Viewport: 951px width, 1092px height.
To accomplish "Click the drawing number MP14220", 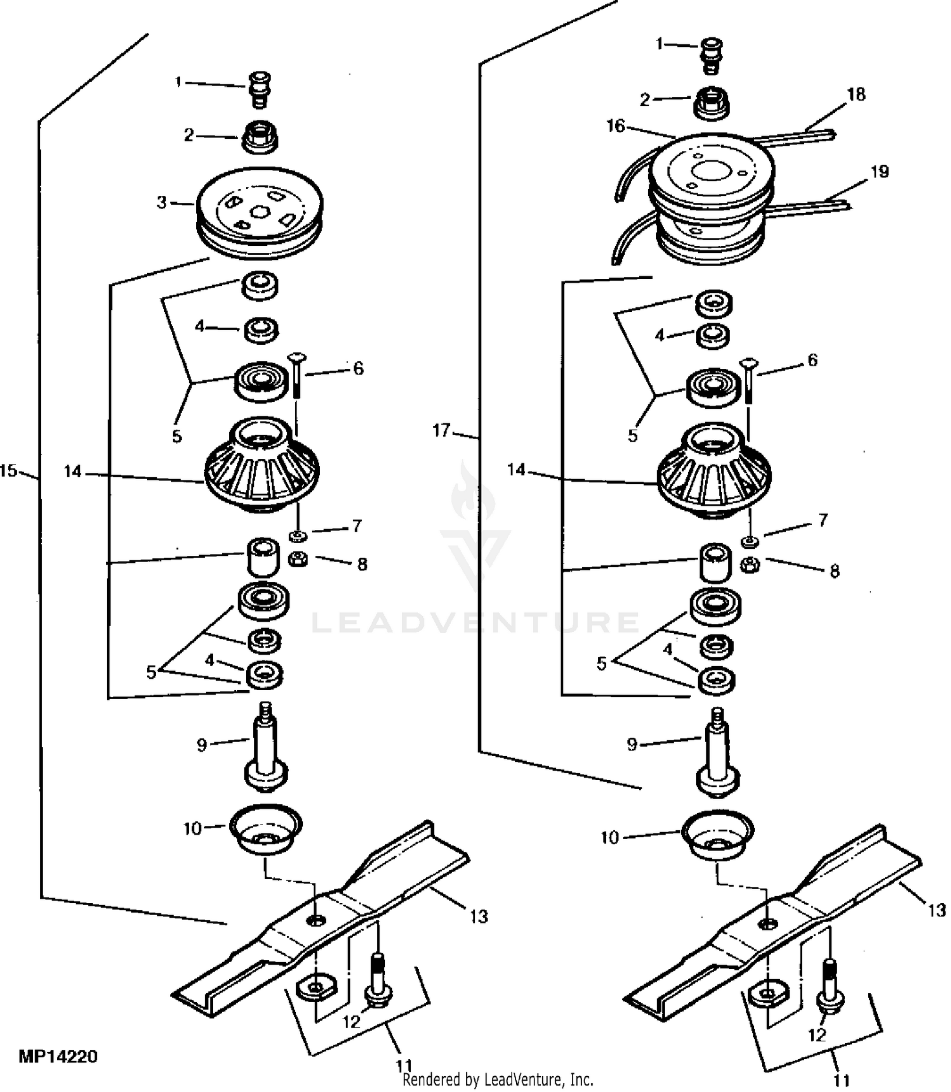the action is tap(58, 1057).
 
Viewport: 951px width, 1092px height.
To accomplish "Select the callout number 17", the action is tap(441, 431).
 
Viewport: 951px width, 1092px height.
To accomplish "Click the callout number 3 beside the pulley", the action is tap(162, 202).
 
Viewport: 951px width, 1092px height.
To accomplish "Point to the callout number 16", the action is tap(616, 126).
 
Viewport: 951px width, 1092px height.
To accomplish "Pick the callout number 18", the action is tap(856, 94).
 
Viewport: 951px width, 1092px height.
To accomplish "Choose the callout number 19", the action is tap(880, 172).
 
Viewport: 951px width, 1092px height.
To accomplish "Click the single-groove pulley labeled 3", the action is tap(260, 214).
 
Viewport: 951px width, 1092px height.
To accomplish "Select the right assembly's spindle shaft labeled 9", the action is tap(717, 756).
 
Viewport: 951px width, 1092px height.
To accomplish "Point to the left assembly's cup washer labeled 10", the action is tap(266, 831).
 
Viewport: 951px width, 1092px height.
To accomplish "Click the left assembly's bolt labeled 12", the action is tap(377, 979).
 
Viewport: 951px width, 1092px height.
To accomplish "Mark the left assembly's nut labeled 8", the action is tap(298, 560).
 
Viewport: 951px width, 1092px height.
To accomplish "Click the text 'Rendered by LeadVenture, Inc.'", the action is tap(498, 1079).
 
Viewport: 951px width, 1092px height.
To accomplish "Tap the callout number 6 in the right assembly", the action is tap(812, 361).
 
